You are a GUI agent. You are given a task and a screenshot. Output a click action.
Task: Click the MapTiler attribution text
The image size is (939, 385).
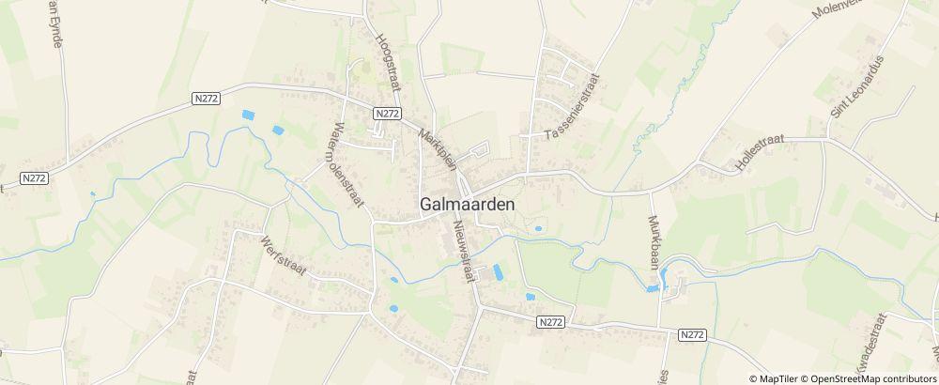click(777, 378)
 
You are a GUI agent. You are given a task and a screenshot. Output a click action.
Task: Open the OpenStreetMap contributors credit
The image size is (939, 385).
click(868, 378)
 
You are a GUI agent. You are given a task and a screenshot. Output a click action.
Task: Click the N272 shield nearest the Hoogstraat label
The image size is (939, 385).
click(387, 113)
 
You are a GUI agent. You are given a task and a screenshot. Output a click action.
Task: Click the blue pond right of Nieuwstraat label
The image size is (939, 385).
click(497, 271)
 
